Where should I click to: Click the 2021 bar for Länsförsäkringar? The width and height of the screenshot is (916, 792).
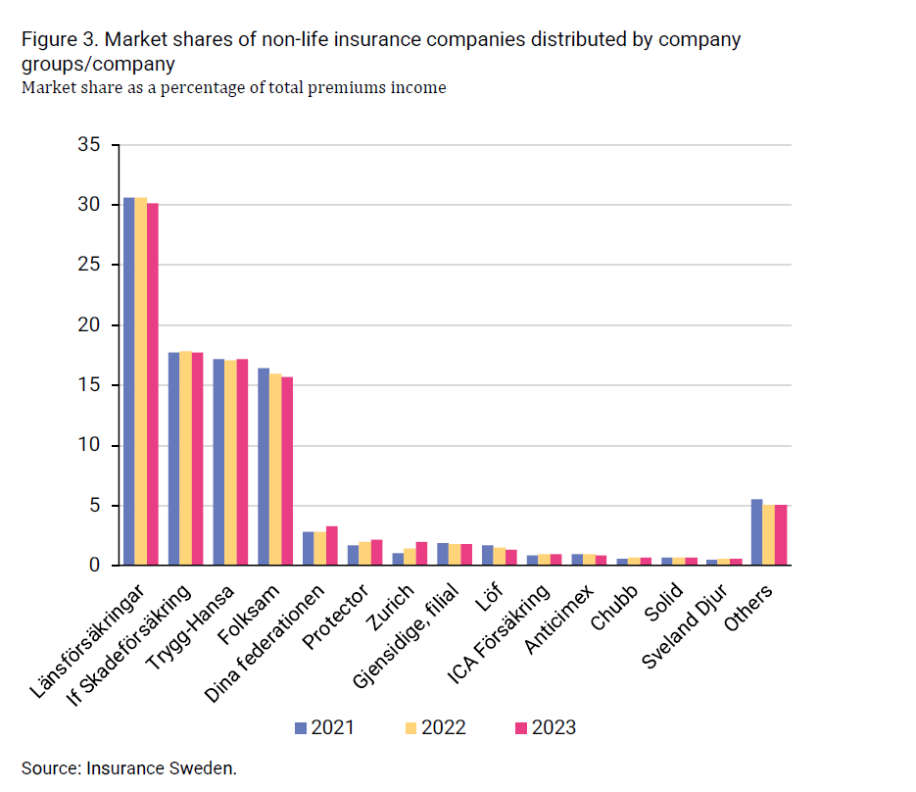coord(128,382)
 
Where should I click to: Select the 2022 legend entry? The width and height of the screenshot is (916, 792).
coord(435,727)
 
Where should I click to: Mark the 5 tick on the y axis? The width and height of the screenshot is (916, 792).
coord(95,506)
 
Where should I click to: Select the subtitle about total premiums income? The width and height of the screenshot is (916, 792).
coord(233,88)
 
